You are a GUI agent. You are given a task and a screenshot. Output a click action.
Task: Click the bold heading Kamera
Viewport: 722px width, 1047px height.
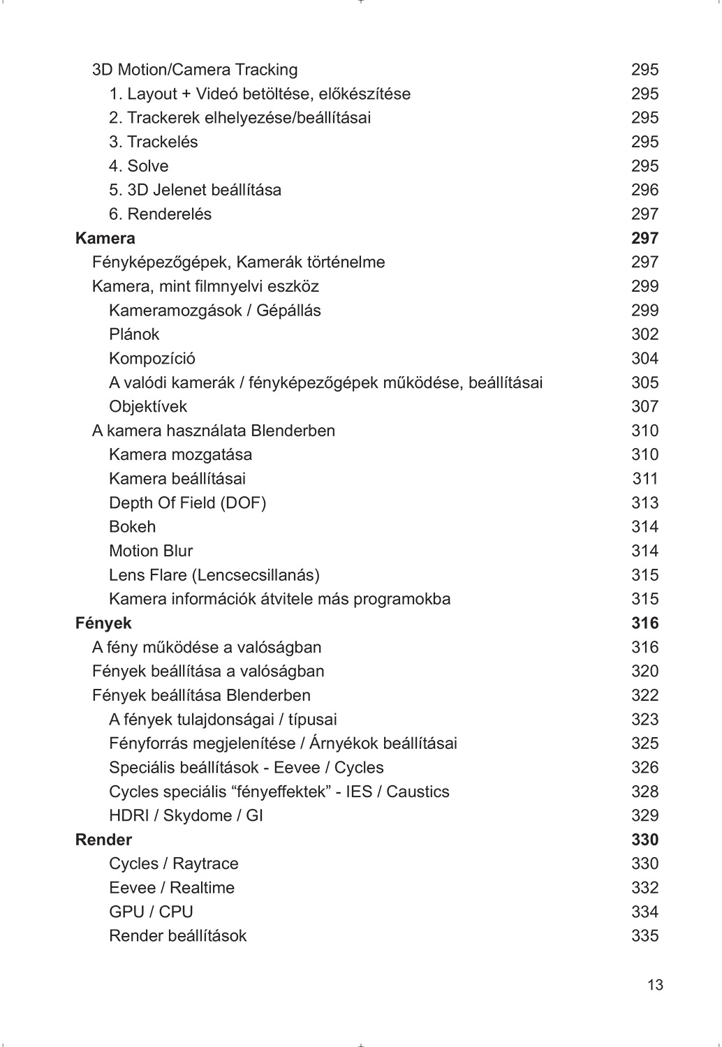tap(105, 238)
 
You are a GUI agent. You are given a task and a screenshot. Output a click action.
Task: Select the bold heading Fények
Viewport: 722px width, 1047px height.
tap(103, 623)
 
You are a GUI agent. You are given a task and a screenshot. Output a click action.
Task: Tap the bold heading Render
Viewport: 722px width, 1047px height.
tap(103, 840)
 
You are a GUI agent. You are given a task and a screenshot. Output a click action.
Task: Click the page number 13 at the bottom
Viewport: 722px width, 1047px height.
tap(655, 986)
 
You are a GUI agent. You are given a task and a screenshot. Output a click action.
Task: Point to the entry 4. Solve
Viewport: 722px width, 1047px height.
tap(138, 166)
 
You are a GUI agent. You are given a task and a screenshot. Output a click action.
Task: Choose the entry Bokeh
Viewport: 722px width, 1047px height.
tap(132, 527)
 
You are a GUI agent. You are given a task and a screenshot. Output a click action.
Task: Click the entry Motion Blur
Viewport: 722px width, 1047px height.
tap(151, 551)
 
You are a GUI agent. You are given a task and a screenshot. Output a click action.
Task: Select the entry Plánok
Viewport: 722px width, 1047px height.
tap(134, 334)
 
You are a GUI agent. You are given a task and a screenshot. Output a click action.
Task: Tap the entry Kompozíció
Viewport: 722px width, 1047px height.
tap(152, 359)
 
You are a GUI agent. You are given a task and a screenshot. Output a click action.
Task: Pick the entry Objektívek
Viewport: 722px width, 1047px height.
tap(148, 406)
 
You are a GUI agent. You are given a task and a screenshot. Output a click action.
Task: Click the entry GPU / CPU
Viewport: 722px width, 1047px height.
tap(151, 912)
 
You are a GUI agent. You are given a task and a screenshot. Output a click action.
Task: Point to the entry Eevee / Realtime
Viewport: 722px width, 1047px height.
tap(172, 888)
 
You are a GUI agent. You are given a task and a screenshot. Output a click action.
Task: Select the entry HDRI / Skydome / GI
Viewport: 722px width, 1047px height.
tap(186, 815)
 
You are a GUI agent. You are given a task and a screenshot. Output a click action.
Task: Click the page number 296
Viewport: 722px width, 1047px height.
tap(644, 190)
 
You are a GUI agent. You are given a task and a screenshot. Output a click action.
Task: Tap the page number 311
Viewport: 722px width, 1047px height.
tap(645, 479)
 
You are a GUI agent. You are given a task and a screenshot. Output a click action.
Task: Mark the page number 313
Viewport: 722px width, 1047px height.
tap(644, 503)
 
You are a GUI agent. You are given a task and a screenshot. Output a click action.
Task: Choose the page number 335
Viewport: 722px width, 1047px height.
tap(644, 936)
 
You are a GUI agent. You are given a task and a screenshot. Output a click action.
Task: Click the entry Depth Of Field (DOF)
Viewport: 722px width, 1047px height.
tap(187, 503)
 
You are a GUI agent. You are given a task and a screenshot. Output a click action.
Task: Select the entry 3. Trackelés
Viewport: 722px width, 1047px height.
tap(153, 142)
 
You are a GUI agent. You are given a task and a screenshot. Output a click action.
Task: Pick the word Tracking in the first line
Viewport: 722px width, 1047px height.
tap(266, 70)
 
